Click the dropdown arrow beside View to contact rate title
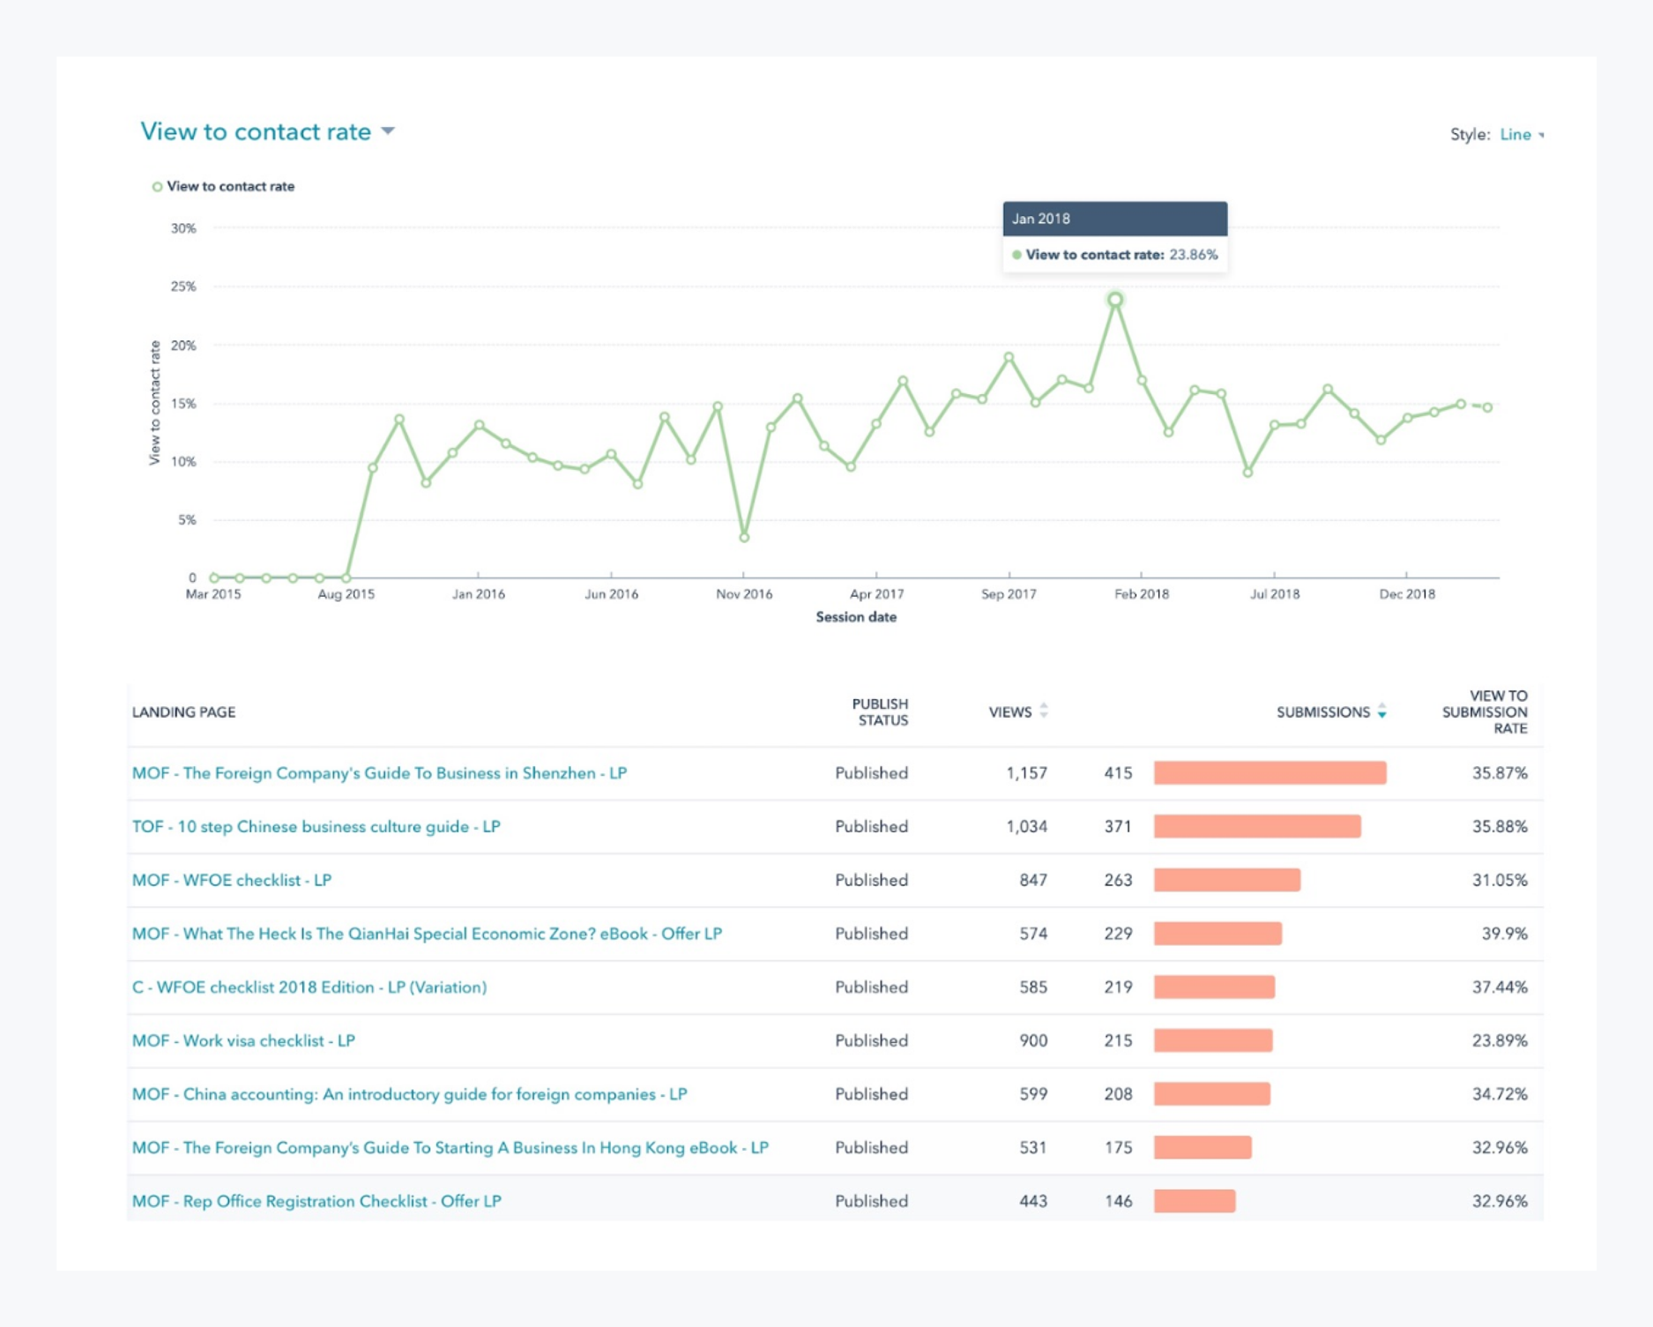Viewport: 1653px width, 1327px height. pyautogui.click(x=388, y=131)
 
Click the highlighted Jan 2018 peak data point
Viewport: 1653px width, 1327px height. pyautogui.click(x=1115, y=300)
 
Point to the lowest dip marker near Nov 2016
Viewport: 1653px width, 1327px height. pyautogui.click(x=744, y=537)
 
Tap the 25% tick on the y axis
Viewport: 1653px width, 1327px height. pyautogui.click(x=183, y=287)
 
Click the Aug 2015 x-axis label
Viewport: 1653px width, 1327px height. pyautogui.click(x=346, y=594)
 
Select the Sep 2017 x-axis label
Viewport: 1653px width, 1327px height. pyautogui.click(x=1009, y=594)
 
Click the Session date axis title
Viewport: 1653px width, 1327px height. pyautogui.click(x=855, y=617)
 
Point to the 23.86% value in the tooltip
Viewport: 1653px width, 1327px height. pyautogui.click(x=1193, y=255)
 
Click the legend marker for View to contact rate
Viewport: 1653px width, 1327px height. pyautogui.click(x=157, y=187)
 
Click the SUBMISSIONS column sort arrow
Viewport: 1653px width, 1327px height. pyautogui.click(x=1381, y=712)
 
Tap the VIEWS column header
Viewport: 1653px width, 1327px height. pyautogui.click(x=1009, y=712)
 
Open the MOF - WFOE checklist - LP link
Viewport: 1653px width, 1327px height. pyautogui.click(x=232, y=880)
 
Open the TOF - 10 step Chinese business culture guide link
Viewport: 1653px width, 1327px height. pyautogui.click(x=316, y=826)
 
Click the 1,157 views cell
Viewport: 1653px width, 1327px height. pyautogui.click(x=1026, y=773)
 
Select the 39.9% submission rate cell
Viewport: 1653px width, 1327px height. pyautogui.click(x=1504, y=934)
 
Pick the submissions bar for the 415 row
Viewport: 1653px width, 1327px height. pyautogui.click(x=1270, y=773)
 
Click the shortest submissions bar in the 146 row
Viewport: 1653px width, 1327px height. pyautogui.click(x=1194, y=1201)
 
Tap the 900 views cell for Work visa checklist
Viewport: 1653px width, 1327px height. pyautogui.click(x=1033, y=1040)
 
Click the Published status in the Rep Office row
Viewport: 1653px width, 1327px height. pyautogui.click(x=871, y=1201)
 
